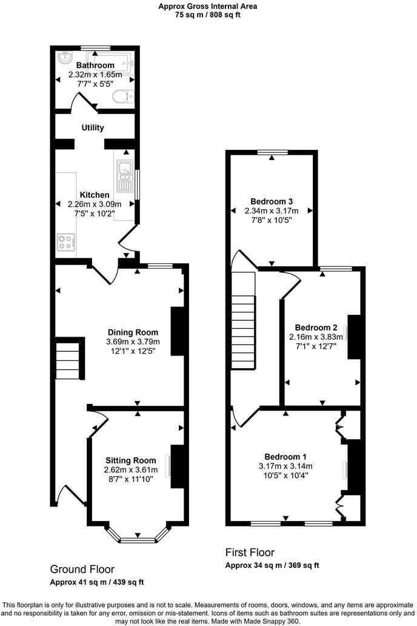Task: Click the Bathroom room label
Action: [x=95, y=66]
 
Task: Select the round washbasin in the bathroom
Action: [x=65, y=58]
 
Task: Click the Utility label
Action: [x=93, y=127]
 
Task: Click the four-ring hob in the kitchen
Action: [x=65, y=242]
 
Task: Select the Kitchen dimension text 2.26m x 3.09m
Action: [x=95, y=204]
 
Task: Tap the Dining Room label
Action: [x=133, y=332]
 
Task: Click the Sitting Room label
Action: [x=130, y=460]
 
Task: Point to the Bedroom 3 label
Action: [x=272, y=201]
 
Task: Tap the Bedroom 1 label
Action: [x=285, y=457]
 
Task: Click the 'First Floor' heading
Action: [x=250, y=553]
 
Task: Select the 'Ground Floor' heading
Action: [x=82, y=570]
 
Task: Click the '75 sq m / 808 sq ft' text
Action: [x=208, y=15]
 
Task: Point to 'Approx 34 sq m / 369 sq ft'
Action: [x=272, y=565]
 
